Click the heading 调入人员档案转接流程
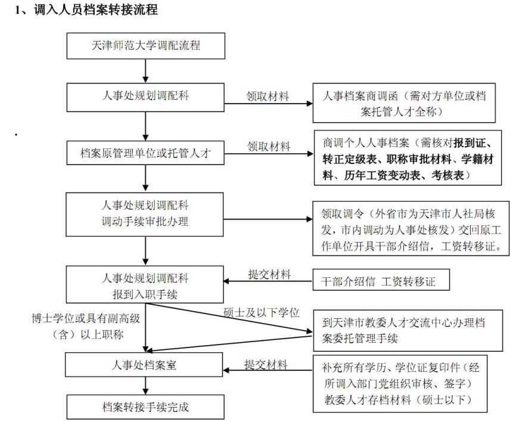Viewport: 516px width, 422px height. (96, 10)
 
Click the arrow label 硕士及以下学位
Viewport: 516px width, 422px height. (262, 312)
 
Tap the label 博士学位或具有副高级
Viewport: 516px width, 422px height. (86, 319)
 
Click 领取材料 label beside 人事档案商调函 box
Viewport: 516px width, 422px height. (268, 97)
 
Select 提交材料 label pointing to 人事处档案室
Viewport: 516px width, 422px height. (266, 365)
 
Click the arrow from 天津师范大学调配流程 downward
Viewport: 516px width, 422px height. (145, 71)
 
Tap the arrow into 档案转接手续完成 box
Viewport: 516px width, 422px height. (145, 386)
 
